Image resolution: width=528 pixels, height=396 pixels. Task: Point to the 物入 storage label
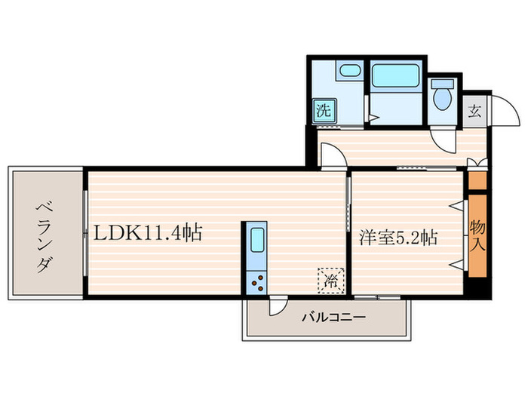coord(477,236)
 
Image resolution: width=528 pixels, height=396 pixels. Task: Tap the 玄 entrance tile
coord(475,112)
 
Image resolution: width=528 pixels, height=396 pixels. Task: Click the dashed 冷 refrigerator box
coord(330,280)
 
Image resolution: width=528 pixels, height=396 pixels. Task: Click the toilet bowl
coord(442,96)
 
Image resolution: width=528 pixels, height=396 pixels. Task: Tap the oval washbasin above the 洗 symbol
coord(348,72)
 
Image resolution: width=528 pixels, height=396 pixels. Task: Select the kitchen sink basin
coord(255,241)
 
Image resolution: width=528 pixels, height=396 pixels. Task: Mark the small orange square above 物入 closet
coord(477,180)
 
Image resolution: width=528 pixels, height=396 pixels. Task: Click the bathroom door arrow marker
coord(371,116)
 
